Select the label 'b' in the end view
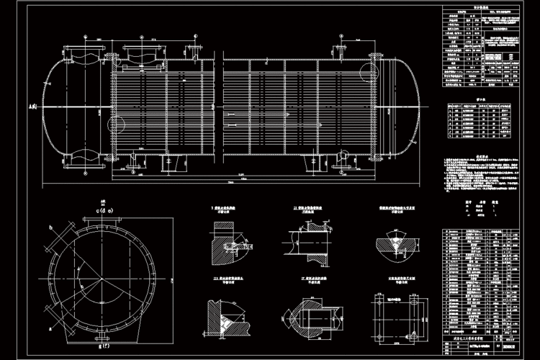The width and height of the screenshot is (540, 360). (50, 228)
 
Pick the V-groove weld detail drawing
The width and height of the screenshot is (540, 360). (392, 244)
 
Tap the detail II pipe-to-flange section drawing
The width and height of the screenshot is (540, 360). (307, 242)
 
